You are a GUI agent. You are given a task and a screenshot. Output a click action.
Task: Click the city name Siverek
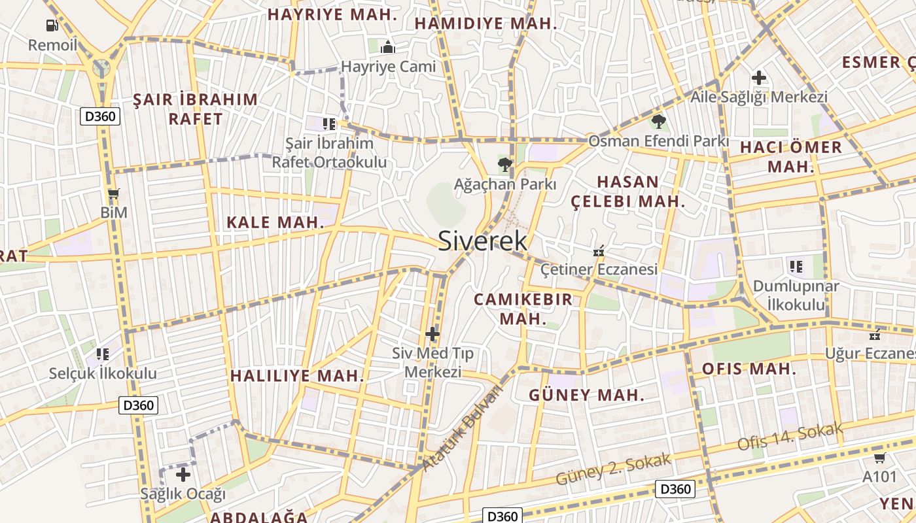(x=482, y=241)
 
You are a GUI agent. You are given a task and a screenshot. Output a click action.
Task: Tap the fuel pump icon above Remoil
(x=52, y=25)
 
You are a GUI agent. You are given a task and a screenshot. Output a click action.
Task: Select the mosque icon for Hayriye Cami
(x=388, y=47)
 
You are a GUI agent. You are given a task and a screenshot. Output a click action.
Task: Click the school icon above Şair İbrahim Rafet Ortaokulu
(x=329, y=124)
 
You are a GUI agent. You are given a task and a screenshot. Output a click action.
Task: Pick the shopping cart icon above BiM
(x=114, y=194)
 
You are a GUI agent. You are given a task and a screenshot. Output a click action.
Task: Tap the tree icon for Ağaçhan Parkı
(x=504, y=164)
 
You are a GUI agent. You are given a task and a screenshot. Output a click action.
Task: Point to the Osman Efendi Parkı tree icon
(x=658, y=121)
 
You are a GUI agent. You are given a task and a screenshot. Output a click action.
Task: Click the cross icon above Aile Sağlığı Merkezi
(x=759, y=78)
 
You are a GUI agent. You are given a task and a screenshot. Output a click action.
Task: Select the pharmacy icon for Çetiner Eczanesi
(x=598, y=250)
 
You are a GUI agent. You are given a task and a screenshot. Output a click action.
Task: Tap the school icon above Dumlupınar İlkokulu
(x=796, y=266)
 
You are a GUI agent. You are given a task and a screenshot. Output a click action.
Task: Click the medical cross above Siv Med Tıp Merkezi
(x=432, y=334)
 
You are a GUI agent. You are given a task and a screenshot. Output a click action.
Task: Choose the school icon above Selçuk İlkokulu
(x=103, y=354)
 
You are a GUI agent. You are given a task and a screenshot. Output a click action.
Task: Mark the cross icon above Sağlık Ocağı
(x=183, y=475)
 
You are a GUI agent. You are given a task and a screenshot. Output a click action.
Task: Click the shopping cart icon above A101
(x=880, y=458)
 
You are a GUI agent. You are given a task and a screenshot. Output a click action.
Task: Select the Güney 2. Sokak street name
(x=613, y=469)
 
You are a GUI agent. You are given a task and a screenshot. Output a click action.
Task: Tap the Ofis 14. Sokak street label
(x=790, y=437)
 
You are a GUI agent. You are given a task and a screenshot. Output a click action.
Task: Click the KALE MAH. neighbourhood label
(x=275, y=222)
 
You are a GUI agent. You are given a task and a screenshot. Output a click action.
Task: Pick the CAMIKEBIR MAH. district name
(x=523, y=309)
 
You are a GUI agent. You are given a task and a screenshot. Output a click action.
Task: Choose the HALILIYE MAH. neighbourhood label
(x=297, y=376)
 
